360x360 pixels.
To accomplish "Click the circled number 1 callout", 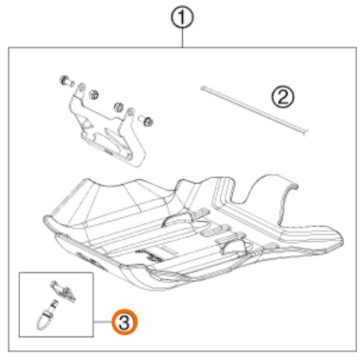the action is (182, 18).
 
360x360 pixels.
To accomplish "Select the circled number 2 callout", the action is (282, 97).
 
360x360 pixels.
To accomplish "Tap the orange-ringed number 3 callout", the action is (125, 322).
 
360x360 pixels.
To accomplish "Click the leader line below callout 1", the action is (182, 38).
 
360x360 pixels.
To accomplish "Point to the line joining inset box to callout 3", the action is (102, 322).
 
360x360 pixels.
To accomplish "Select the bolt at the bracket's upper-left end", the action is (66, 81).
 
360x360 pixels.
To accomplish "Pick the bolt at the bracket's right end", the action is (146, 120).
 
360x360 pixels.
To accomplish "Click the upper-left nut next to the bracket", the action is (94, 95).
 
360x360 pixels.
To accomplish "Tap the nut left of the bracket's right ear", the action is (119, 107).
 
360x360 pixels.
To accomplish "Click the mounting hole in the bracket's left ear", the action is (81, 87).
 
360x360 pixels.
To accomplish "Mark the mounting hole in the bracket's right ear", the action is (130, 112).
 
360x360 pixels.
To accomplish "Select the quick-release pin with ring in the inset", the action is (47, 315).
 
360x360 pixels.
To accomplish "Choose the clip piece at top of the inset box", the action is (63, 291).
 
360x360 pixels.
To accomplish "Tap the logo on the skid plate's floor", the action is (149, 256).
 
